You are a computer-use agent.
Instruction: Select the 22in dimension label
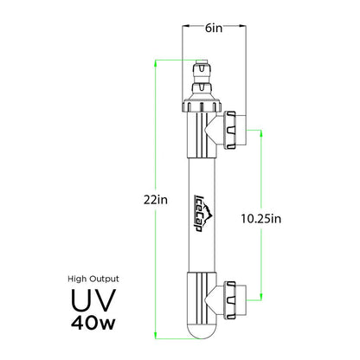coord(156,199)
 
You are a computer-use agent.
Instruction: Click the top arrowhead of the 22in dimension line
coord(156,61)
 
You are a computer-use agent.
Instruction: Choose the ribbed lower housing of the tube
coord(196,294)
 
